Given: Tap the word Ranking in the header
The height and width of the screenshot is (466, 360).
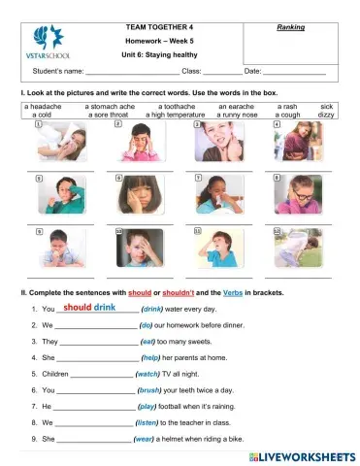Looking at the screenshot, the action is (x=291, y=27).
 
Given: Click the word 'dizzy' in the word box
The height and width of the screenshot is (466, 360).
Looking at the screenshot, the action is (x=326, y=114).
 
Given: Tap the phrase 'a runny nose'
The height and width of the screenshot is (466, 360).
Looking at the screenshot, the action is (x=237, y=114).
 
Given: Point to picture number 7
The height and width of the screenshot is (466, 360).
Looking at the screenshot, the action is (x=222, y=194).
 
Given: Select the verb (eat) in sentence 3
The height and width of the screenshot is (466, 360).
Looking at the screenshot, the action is (x=148, y=342).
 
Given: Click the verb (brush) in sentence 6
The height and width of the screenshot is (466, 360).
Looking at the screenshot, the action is (x=149, y=389).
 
